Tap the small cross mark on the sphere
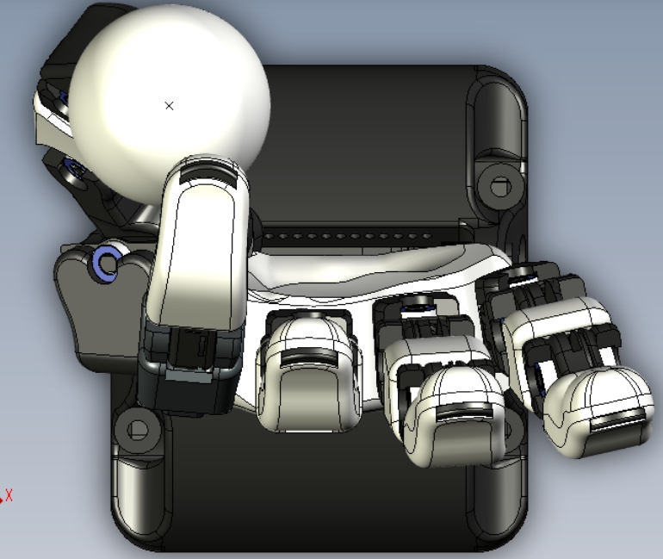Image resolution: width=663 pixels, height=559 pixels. tap(169, 106)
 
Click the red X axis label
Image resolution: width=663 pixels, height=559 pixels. tap(9, 495)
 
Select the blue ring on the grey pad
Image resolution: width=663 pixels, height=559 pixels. tap(106, 263)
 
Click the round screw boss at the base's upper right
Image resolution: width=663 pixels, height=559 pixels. tap(501, 186)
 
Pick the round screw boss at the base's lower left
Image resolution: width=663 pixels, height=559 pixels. tap(138, 430)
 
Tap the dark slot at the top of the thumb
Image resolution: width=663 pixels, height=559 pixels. tap(208, 175)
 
